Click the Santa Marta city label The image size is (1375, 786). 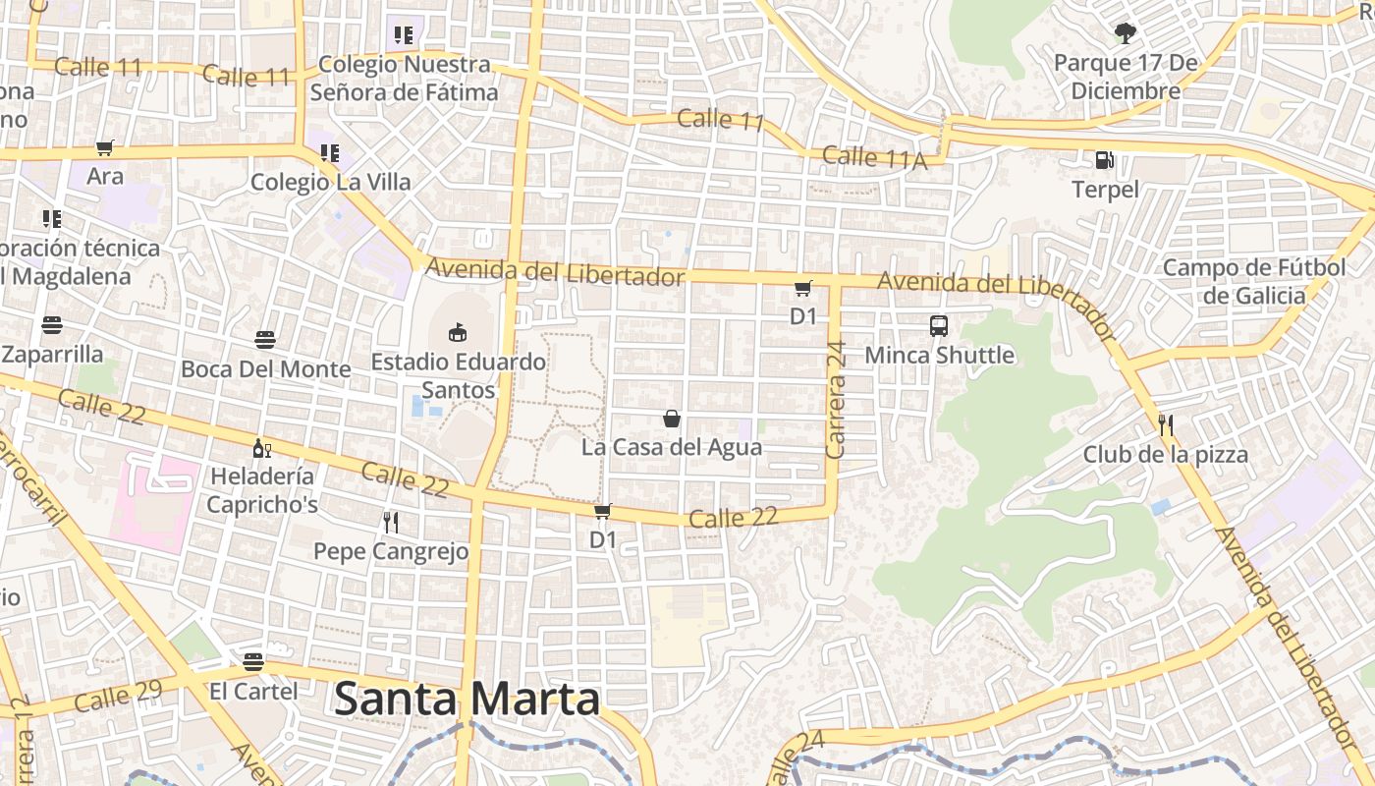tap(467, 700)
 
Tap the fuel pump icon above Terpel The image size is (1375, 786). tap(1105, 160)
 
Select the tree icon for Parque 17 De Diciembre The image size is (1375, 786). tap(1125, 34)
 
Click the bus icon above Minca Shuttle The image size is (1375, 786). tap(939, 325)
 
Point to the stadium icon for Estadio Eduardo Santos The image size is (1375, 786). tap(458, 332)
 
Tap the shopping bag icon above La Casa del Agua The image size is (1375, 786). tap(672, 419)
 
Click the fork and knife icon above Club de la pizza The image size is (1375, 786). tap(1166, 425)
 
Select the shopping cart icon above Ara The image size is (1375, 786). tap(105, 148)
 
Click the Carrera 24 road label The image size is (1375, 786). tap(836, 400)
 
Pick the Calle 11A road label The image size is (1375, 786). tap(874, 157)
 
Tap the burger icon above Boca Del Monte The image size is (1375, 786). tap(265, 340)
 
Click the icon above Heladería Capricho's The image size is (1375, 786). tap(262, 448)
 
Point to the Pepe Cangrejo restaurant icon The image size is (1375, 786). tap(391, 522)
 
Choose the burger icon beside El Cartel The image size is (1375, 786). tap(253, 661)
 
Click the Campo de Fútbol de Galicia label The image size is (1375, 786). tap(1254, 281)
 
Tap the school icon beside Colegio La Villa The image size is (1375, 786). tap(330, 153)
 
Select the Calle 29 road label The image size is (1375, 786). tap(118, 697)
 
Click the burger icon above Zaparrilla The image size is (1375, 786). tap(52, 325)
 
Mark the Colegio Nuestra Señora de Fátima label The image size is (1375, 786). tap(404, 79)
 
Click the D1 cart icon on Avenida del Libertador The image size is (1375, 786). tap(803, 288)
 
